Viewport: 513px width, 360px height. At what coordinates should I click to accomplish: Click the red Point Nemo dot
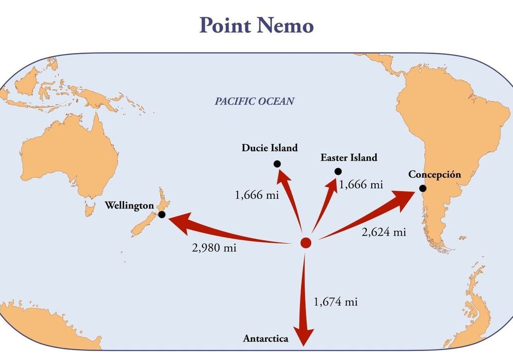(x=306, y=243)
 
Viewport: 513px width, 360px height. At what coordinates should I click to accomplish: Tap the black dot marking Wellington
(x=162, y=214)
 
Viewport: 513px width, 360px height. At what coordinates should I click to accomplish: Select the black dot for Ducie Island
(x=277, y=164)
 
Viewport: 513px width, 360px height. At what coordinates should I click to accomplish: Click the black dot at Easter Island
(x=338, y=171)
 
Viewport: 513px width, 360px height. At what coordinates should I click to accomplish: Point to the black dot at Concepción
(x=423, y=188)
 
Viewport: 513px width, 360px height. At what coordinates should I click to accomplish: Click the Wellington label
(x=129, y=205)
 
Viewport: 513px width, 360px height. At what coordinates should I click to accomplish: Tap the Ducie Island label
(x=270, y=148)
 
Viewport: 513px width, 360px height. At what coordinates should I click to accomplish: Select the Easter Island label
(x=349, y=158)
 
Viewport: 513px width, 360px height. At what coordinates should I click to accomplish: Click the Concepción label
(x=434, y=174)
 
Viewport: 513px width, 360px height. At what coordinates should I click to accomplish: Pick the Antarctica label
(x=266, y=339)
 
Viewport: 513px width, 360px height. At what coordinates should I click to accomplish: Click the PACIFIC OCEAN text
(x=254, y=101)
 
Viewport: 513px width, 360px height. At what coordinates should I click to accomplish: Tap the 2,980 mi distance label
(x=214, y=248)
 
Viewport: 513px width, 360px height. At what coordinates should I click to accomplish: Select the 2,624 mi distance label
(x=384, y=232)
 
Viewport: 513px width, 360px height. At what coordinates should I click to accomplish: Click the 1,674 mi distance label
(x=336, y=302)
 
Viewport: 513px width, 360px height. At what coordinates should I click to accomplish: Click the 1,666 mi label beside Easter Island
(x=361, y=185)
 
